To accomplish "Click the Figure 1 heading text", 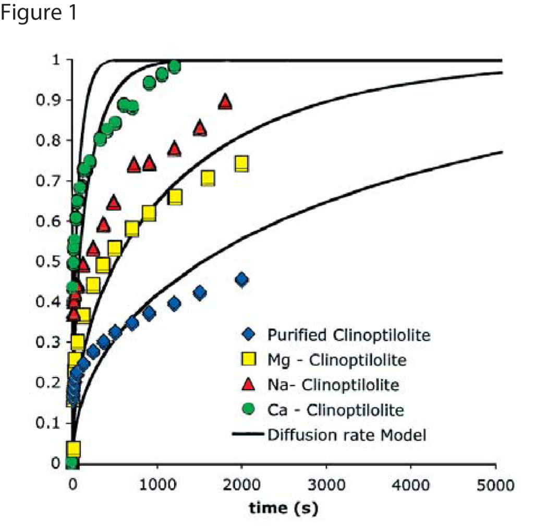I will pos(40,13).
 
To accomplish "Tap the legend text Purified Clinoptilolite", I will pos(349,335).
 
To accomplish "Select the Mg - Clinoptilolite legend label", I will pos(336,360).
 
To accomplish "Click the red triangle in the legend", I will pos(248,385).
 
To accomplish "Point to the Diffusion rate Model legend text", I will pos(346,435).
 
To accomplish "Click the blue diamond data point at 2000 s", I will pos(241,280).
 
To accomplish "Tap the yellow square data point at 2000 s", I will pos(241,164).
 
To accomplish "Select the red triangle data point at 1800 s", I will pos(225,102).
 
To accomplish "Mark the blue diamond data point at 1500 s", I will pos(199,292).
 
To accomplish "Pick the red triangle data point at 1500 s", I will pos(199,128).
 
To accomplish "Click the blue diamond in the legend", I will pos(248,335).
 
